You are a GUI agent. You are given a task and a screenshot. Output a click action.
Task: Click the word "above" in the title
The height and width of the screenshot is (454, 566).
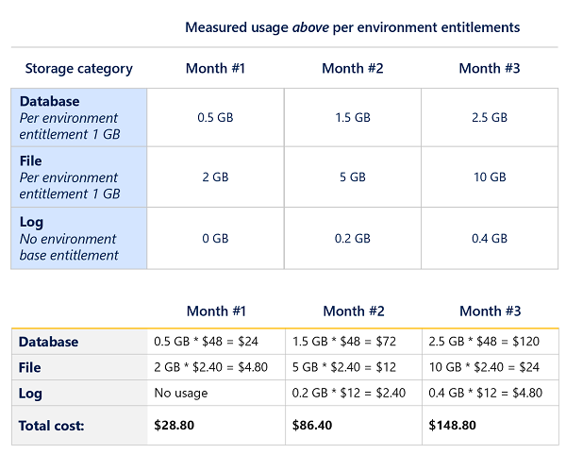(310, 27)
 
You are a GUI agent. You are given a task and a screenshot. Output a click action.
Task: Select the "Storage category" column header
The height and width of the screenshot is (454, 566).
(78, 68)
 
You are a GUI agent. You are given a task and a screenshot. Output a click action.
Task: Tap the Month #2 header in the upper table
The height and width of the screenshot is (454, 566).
(351, 68)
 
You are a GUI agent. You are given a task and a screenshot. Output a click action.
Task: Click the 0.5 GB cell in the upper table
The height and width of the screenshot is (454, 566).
(213, 118)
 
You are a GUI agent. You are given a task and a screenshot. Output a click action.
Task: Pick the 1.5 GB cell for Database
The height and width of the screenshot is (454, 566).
(351, 118)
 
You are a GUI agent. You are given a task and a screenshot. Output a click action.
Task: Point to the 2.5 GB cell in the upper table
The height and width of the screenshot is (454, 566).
(489, 118)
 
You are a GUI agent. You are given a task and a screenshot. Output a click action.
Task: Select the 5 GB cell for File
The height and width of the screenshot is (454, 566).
(351, 177)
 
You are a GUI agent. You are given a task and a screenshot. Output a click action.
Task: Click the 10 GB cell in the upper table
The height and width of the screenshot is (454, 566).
(489, 177)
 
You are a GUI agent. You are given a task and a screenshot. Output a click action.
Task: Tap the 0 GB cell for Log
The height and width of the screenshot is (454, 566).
(213, 239)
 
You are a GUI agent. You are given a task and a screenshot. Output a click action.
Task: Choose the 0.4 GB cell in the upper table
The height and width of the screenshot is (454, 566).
(489, 239)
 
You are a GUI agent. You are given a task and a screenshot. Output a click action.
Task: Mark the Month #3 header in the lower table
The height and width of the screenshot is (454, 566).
(491, 311)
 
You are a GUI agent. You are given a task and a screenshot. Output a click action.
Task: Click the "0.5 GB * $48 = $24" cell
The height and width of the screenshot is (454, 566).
(200, 342)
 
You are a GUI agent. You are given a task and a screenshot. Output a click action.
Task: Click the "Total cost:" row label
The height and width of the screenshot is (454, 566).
(51, 426)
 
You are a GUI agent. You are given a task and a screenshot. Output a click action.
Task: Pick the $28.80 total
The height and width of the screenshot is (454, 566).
(174, 426)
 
